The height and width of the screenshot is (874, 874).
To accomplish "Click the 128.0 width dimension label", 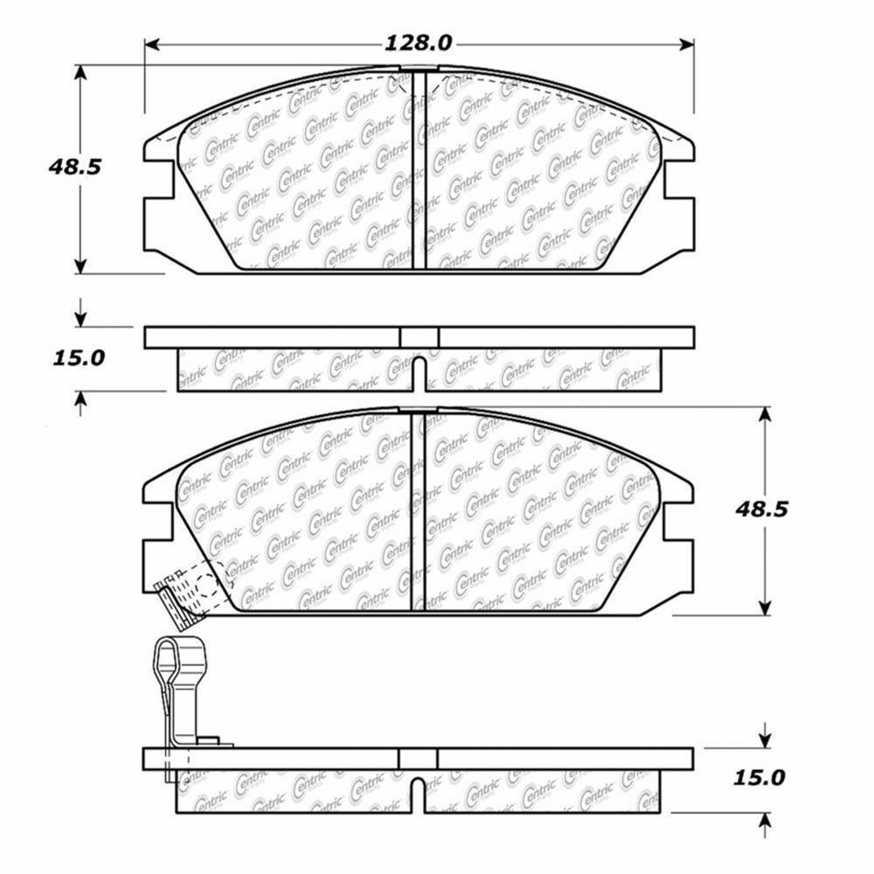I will pyautogui.click(x=418, y=43).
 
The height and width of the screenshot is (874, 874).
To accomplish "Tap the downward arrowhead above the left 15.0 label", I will pyautogui.click(x=81, y=316).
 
